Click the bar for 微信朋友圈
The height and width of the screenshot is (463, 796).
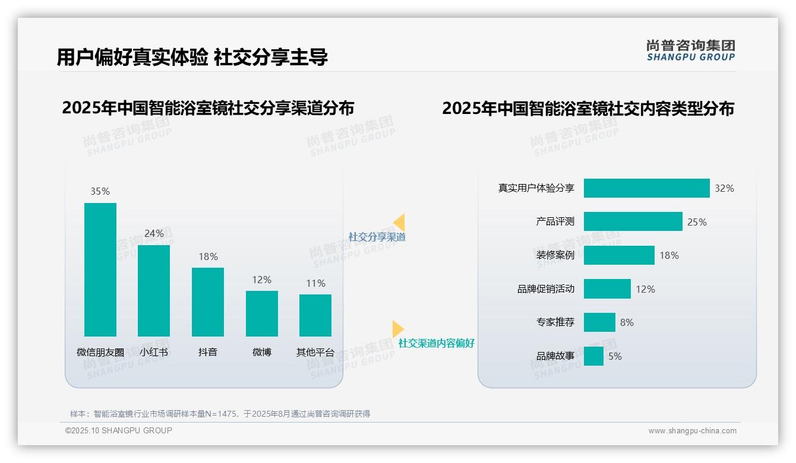[100, 269]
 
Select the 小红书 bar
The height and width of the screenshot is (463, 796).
[154, 290]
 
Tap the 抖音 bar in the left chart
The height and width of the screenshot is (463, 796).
[208, 302]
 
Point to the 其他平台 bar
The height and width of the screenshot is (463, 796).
[315, 315]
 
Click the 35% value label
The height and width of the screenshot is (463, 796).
[100, 192]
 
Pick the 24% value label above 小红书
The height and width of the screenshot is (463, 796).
[154, 234]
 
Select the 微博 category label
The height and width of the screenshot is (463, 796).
[262, 352]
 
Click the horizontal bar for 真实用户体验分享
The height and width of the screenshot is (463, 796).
[646, 188]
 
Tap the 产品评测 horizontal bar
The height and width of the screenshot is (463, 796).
[633, 221]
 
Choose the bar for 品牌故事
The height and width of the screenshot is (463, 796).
[593, 356]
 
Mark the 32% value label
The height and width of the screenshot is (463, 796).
[724, 188]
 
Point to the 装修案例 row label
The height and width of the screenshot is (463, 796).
[555, 255]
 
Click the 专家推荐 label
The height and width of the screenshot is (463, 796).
[555, 322]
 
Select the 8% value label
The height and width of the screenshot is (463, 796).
[627, 322]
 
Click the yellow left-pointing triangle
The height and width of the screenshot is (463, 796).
[399, 222]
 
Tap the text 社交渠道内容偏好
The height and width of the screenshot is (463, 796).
[437, 343]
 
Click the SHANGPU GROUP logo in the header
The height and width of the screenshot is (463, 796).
[690, 50]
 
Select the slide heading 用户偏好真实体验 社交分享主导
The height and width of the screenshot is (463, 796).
[192, 57]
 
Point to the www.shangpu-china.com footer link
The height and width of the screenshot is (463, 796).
[692, 431]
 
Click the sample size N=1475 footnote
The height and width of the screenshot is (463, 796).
[220, 414]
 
